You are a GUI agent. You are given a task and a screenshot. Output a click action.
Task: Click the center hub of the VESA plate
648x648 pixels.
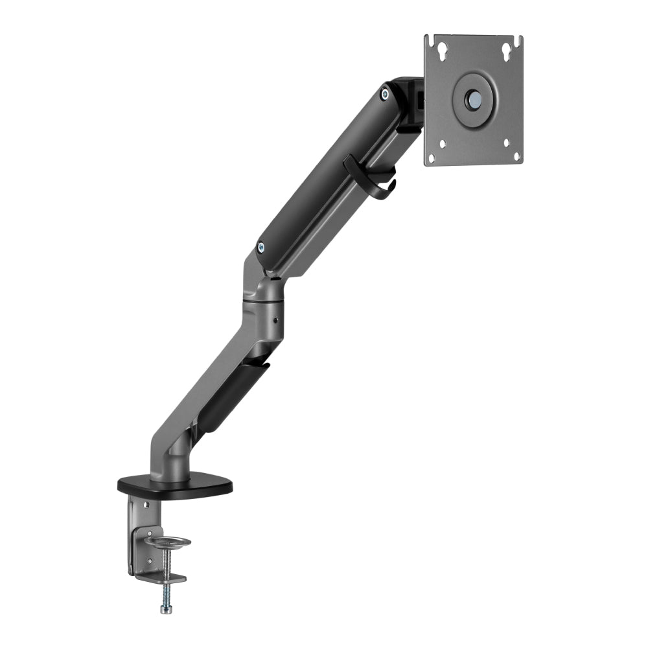(474, 99)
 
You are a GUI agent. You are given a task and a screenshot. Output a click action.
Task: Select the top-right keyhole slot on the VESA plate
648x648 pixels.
(505, 49)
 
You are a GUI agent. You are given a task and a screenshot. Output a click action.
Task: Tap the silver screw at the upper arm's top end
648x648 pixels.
(386, 95)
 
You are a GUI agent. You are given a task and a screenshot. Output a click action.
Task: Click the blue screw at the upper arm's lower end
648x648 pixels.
(260, 246)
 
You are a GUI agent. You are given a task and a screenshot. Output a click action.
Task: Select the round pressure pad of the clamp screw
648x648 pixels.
(168, 541)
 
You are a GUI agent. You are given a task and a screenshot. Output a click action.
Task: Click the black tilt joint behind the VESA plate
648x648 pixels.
(410, 104)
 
